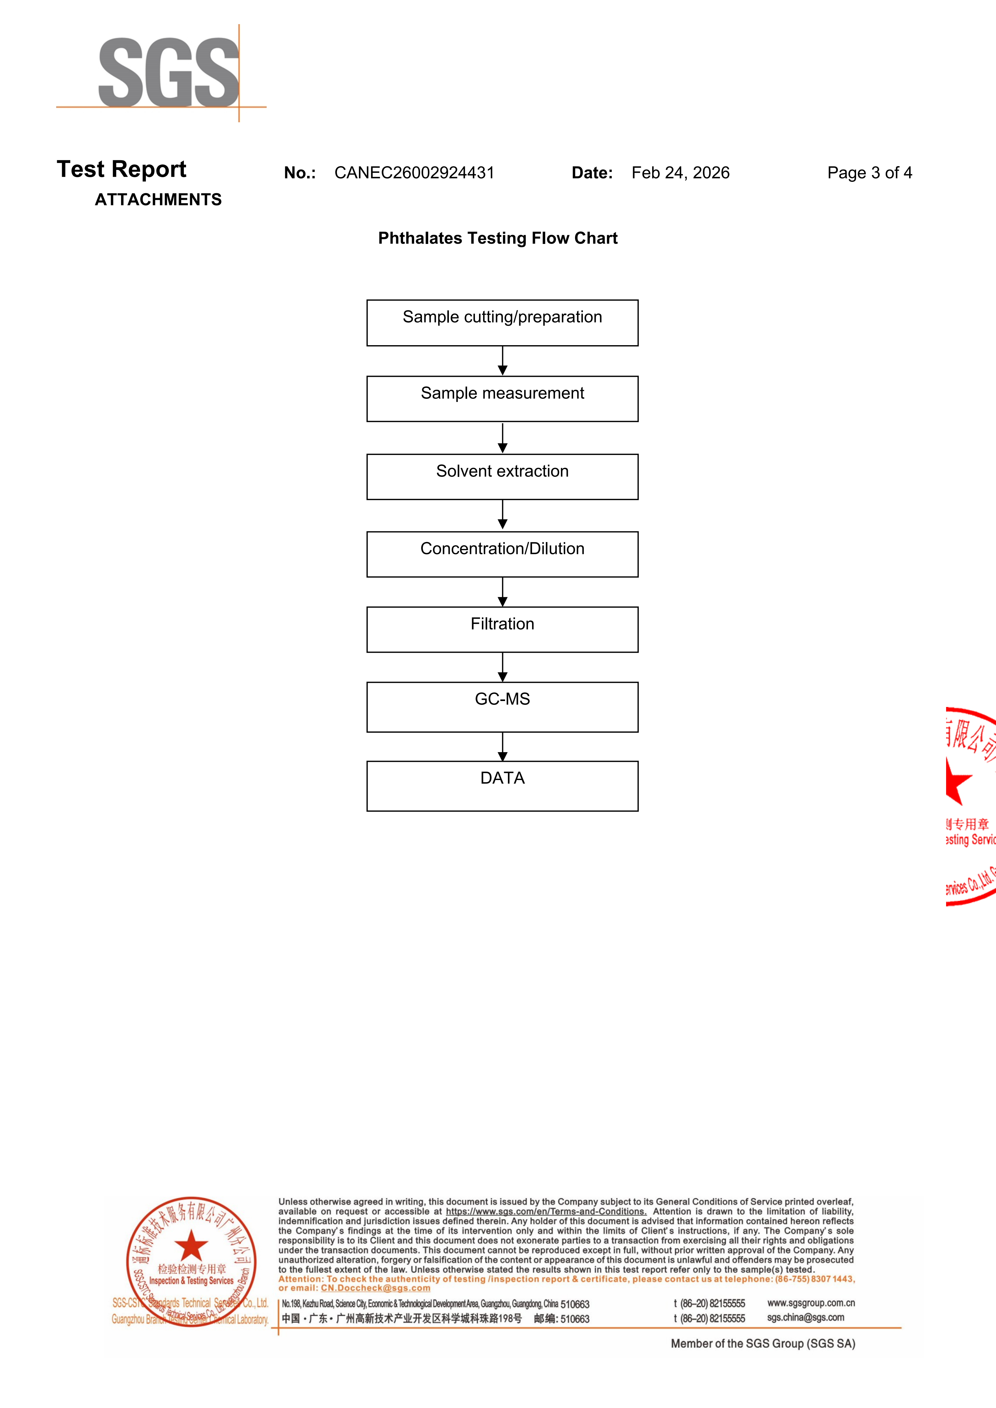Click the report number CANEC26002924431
[x=414, y=173]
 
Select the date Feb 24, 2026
[x=680, y=173]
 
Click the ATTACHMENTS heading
[x=158, y=200]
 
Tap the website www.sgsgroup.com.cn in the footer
[x=811, y=1303]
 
